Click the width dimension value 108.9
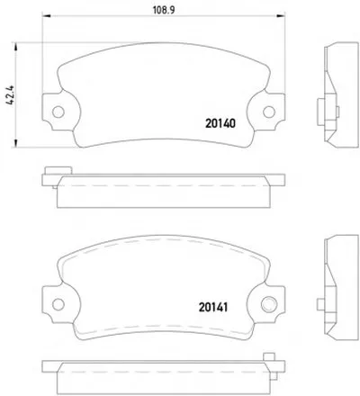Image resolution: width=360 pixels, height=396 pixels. pos(164,10)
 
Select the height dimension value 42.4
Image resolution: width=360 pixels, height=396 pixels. pos(10,94)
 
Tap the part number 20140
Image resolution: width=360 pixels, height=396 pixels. pos(220,123)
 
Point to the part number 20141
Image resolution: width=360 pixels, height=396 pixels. pos(213,307)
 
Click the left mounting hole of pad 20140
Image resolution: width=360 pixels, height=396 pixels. pos(58,112)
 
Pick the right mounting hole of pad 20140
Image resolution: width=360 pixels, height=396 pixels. pos(269,112)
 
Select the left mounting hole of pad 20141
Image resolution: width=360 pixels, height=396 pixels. pos(58,304)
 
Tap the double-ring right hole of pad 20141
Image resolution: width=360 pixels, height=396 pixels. pos(269,304)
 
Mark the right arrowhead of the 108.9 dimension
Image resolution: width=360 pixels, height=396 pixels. pos(281,15)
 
